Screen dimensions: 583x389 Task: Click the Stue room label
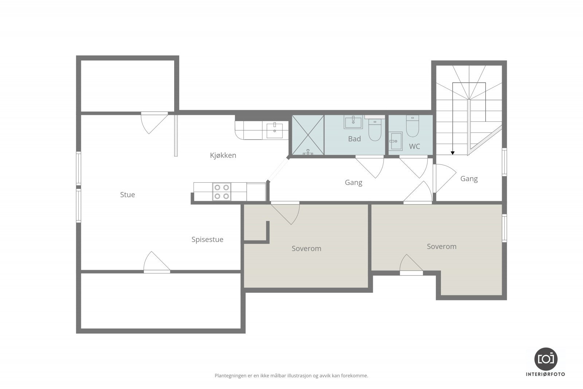click(128, 195)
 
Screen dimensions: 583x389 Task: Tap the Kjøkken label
click(223, 155)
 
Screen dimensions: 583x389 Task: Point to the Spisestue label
click(207, 240)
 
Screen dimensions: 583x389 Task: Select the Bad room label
click(355, 139)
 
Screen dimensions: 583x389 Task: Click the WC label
click(415, 146)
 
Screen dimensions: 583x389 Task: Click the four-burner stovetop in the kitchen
click(222, 192)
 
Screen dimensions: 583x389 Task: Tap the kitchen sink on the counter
click(275, 131)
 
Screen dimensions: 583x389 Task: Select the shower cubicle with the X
click(308, 135)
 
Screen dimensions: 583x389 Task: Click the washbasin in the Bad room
click(353, 122)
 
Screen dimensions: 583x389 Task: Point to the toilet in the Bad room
click(375, 130)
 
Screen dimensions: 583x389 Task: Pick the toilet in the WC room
click(412, 126)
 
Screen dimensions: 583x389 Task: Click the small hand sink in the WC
click(396, 141)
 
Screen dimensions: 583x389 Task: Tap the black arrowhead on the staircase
click(453, 153)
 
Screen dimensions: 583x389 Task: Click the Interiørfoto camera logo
click(546, 359)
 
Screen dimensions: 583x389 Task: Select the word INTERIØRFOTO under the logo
click(545, 374)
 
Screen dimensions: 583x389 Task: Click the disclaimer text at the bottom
click(291, 376)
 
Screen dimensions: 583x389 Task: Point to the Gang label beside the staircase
click(469, 179)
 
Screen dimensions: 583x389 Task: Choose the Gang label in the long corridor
click(353, 183)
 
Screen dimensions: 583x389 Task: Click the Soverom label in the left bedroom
click(306, 249)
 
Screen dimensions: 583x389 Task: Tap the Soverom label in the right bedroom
click(442, 246)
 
